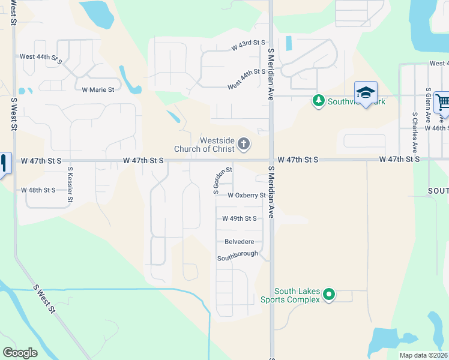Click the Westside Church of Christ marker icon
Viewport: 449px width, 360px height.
click(243, 143)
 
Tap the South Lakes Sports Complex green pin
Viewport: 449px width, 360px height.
click(328, 295)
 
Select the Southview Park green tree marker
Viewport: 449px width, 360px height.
click(318, 101)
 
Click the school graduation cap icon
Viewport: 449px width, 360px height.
click(366, 93)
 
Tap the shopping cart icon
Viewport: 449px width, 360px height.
click(442, 103)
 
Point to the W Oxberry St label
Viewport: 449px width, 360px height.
click(246, 196)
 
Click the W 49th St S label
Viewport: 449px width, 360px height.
click(240, 219)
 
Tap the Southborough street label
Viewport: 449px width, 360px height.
click(237, 254)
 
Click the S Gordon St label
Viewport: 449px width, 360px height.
click(222, 181)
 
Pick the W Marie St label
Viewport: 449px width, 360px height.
click(98, 90)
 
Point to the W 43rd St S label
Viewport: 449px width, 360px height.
click(248, 44)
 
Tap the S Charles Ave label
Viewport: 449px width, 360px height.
click(414, 131)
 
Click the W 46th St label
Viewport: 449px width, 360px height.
click(436, 128)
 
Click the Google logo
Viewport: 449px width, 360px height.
click(20, 353)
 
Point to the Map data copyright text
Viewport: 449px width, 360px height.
click(423, 355)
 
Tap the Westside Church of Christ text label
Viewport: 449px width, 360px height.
click(204, 145)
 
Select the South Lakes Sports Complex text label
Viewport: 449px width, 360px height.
click(289, 295)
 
